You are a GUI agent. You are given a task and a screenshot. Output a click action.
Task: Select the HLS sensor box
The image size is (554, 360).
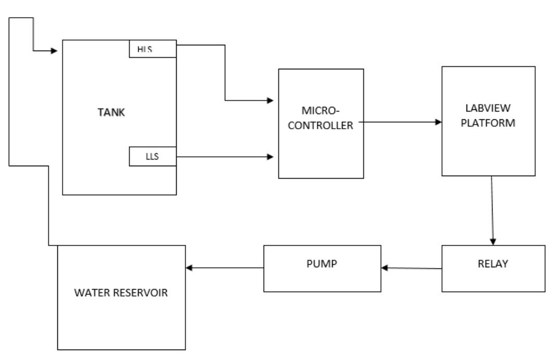click(x=153, y=49)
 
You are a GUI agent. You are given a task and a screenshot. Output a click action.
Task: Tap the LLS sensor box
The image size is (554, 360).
click(x=153, y=156)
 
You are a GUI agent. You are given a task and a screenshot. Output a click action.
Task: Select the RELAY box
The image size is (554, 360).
click(x=488, y=264)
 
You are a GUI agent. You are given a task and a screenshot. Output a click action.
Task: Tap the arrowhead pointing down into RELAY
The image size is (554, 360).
click(x=494, y=241)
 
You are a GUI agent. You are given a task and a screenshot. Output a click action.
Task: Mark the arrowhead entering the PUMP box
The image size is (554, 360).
click(x=385, y=268)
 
